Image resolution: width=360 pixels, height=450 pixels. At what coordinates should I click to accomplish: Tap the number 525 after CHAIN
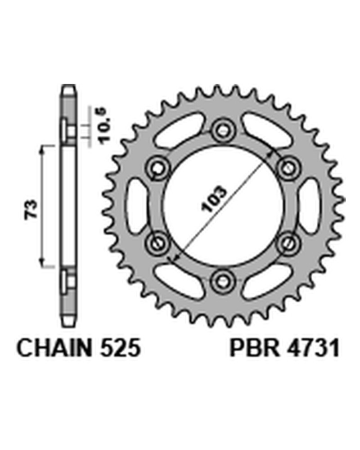[x=120, y=348]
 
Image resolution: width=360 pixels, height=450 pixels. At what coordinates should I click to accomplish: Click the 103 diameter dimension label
[x=214, y=199]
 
